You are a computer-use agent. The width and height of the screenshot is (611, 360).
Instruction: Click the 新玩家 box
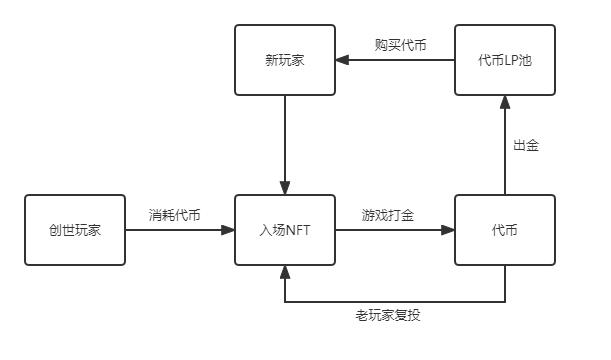pos(285,61)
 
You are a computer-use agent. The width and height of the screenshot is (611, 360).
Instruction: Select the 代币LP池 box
pos(504,61)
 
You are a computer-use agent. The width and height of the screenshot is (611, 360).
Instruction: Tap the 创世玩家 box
pos(75,230)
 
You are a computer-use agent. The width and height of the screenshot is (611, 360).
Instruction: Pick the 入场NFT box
pos(285,230)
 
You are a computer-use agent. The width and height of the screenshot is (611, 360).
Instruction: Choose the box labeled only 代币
pos(504,230)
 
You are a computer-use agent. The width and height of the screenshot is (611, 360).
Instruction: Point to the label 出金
pos(526,145)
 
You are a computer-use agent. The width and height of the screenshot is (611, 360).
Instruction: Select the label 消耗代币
pos(175,214)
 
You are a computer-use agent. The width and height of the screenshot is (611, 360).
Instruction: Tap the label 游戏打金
pos(388,214)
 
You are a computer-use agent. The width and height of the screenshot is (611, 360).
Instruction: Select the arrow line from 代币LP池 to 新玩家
pos(400,61)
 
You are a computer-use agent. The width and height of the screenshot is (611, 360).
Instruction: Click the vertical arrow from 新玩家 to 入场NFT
pos(285,140)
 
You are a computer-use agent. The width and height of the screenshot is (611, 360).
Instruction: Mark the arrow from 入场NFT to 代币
pos(390,230)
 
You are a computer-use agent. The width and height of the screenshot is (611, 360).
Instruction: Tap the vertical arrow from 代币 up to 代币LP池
pos(504,150)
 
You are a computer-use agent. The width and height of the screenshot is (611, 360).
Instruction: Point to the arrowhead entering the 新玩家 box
pos(342,61)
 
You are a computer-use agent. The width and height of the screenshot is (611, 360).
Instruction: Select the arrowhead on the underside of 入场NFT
pos(285,271)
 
